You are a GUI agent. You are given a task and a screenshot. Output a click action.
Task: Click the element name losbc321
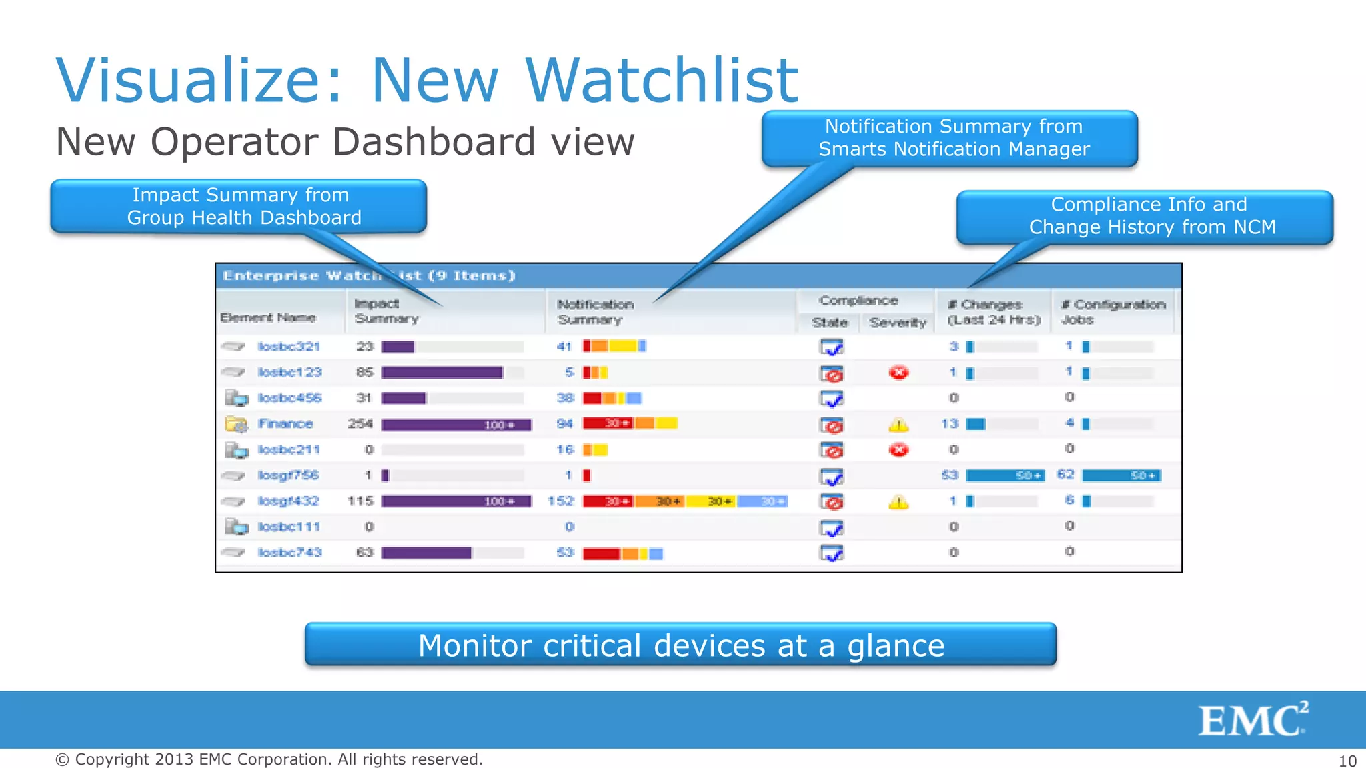point(289,347)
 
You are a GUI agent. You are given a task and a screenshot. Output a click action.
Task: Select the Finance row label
point(285,424)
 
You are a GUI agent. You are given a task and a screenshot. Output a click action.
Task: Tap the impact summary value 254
point(360,424)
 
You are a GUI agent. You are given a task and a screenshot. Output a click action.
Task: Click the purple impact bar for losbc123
point(442,373)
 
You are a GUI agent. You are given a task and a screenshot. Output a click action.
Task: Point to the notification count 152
point(561,501)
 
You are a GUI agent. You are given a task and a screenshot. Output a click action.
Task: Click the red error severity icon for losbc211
point(898,450)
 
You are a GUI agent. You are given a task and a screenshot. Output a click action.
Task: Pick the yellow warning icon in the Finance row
point(898,425)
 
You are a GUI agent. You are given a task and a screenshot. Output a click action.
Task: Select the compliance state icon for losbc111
point(832,528)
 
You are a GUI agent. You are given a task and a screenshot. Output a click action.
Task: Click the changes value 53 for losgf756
point(950,475)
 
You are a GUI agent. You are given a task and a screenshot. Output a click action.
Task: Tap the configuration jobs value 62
point(1065,475)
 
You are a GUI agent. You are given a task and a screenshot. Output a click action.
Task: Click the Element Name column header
point(268,318)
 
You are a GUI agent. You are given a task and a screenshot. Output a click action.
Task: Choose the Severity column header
point(898,323)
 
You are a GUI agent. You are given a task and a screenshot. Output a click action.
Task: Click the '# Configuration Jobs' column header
point(1113,312)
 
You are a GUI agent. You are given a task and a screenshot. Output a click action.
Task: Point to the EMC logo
point(1253,719)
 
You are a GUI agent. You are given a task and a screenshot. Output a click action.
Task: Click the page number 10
point(1347,761)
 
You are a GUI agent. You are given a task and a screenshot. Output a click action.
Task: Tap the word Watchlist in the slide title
point(662,81)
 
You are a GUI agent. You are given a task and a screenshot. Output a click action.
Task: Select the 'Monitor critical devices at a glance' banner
point(680,645)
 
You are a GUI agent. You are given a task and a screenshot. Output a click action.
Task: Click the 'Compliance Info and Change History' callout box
point(1145,217)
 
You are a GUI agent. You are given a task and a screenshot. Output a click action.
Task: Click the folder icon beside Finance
point(235,424)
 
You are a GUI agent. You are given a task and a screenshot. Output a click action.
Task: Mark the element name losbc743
point(289,553)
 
